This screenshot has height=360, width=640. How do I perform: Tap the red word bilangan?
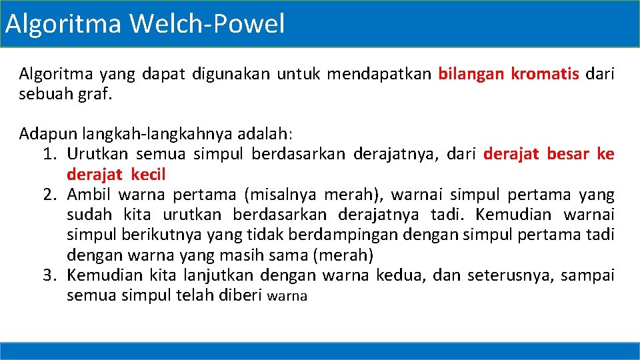(471, 73)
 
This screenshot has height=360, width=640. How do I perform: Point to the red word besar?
(568, 155)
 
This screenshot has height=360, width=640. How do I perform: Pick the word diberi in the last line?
(241, 295)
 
